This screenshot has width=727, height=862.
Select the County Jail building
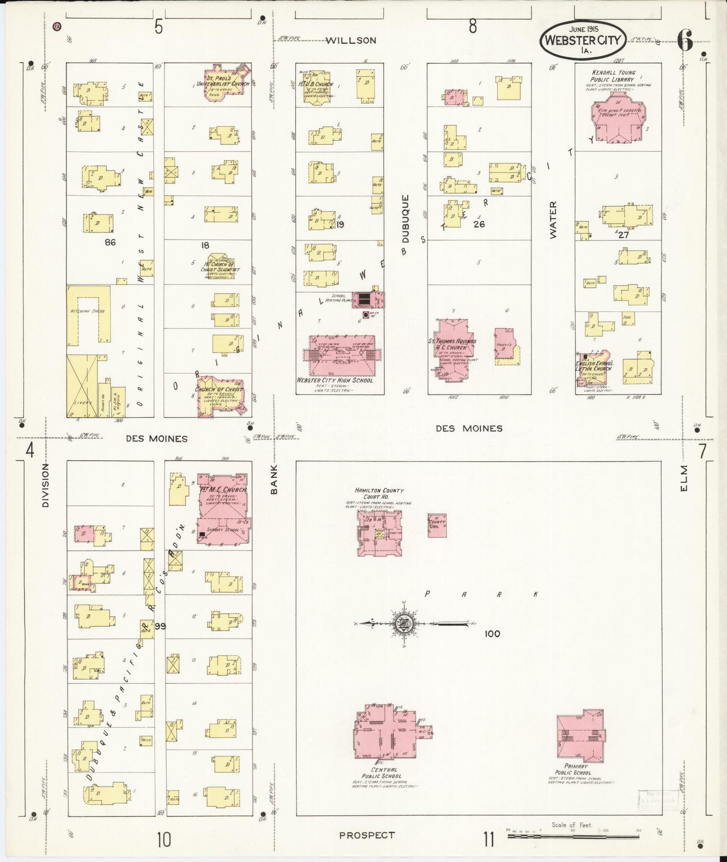pos(437,526)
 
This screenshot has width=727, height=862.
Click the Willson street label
pos(351,41)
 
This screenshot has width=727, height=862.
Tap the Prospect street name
pos(366,835)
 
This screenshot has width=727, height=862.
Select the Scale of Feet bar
pos(574,836)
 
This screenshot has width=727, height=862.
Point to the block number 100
pos(492,634)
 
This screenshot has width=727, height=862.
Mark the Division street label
pos(45,485)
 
